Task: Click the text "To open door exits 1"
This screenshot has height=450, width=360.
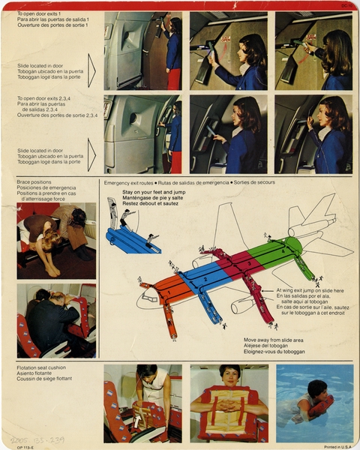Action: tap(38, 13)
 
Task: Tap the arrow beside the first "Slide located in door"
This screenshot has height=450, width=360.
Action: tap(91, 70)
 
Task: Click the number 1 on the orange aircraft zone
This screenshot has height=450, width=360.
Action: tap(169, 292)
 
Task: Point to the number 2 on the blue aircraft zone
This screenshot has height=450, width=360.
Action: tap(205, 278)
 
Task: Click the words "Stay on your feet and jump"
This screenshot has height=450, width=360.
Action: tap(154, 192)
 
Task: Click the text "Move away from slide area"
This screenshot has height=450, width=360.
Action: tap(274, 339)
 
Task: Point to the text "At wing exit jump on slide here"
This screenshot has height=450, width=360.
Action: tap(310, 290)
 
